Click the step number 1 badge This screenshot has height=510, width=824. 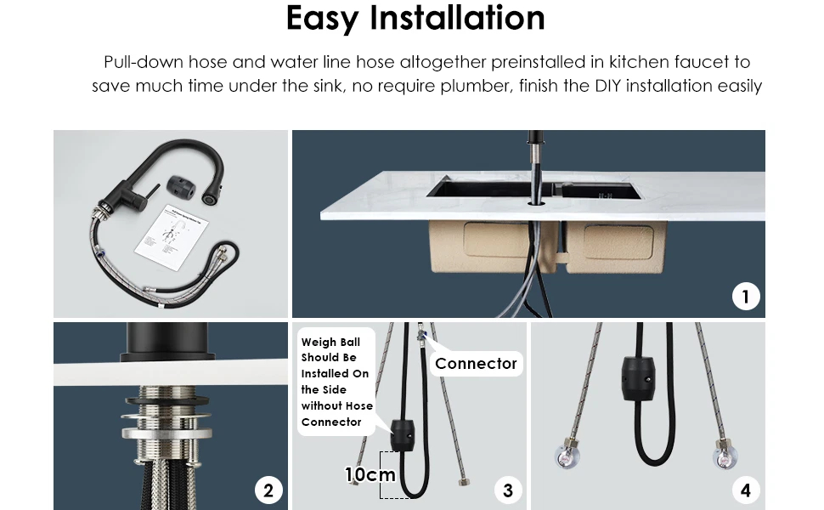[x=746, y=297]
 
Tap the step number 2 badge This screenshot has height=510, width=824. [x=268, y=490]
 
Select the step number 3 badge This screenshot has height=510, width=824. [x=508, y=490]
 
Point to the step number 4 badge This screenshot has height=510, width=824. [x=746, y=490]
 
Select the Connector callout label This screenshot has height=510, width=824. [x=476, y=364]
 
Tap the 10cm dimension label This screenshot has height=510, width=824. [x=370, y=474]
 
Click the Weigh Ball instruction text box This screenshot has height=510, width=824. [x=336, y=382]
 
